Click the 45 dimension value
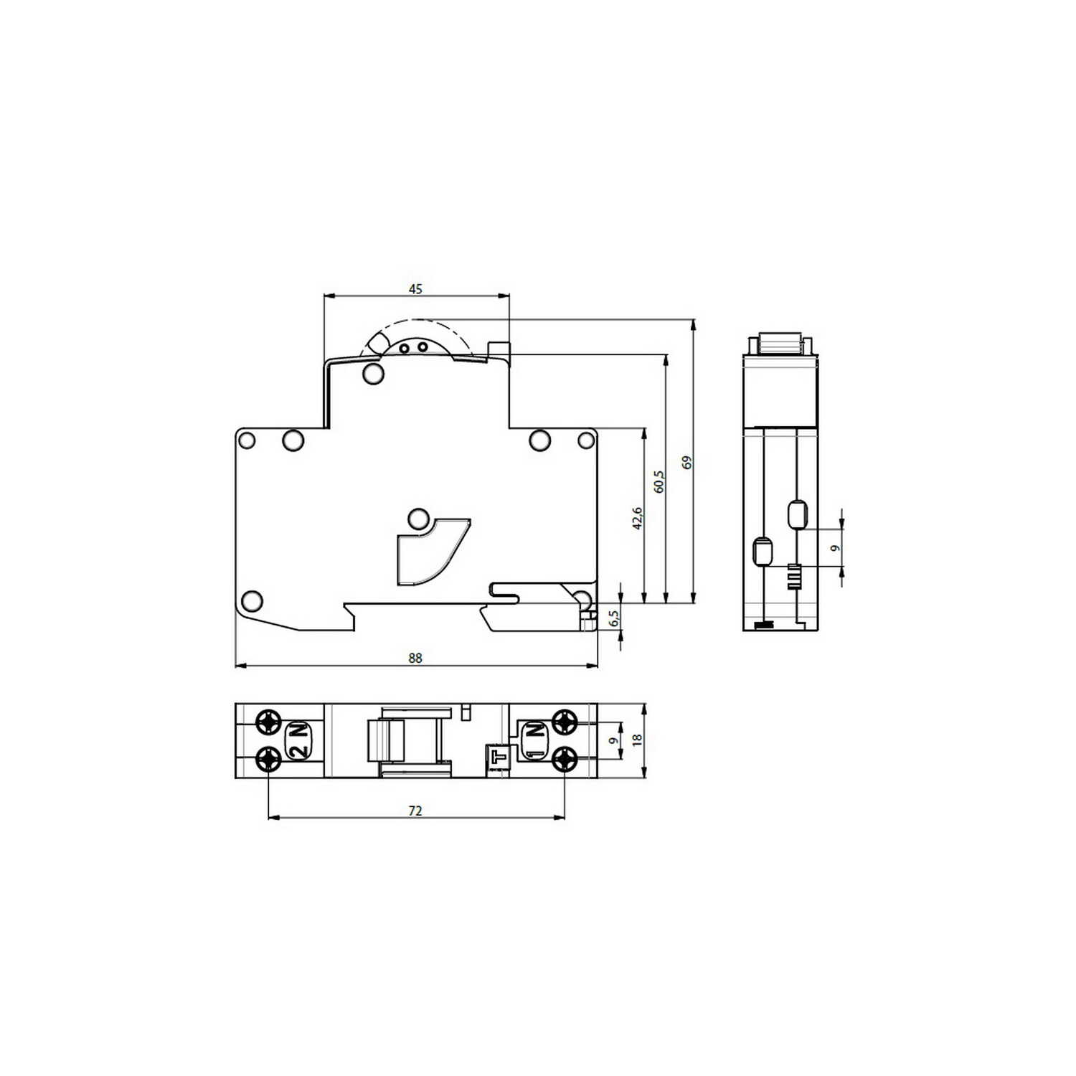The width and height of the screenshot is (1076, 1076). point(415,289)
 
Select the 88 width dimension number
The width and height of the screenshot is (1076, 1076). point(415,658)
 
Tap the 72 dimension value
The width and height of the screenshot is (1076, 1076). point(415,811)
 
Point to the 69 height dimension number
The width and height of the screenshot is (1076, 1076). point(687,462)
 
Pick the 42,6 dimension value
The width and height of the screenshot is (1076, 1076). point(638,518)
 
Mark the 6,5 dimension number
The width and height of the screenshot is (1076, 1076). point(613,618)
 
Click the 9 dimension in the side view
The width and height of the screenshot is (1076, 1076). point(834,549)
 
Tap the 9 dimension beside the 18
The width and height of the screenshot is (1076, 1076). point(612,741)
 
